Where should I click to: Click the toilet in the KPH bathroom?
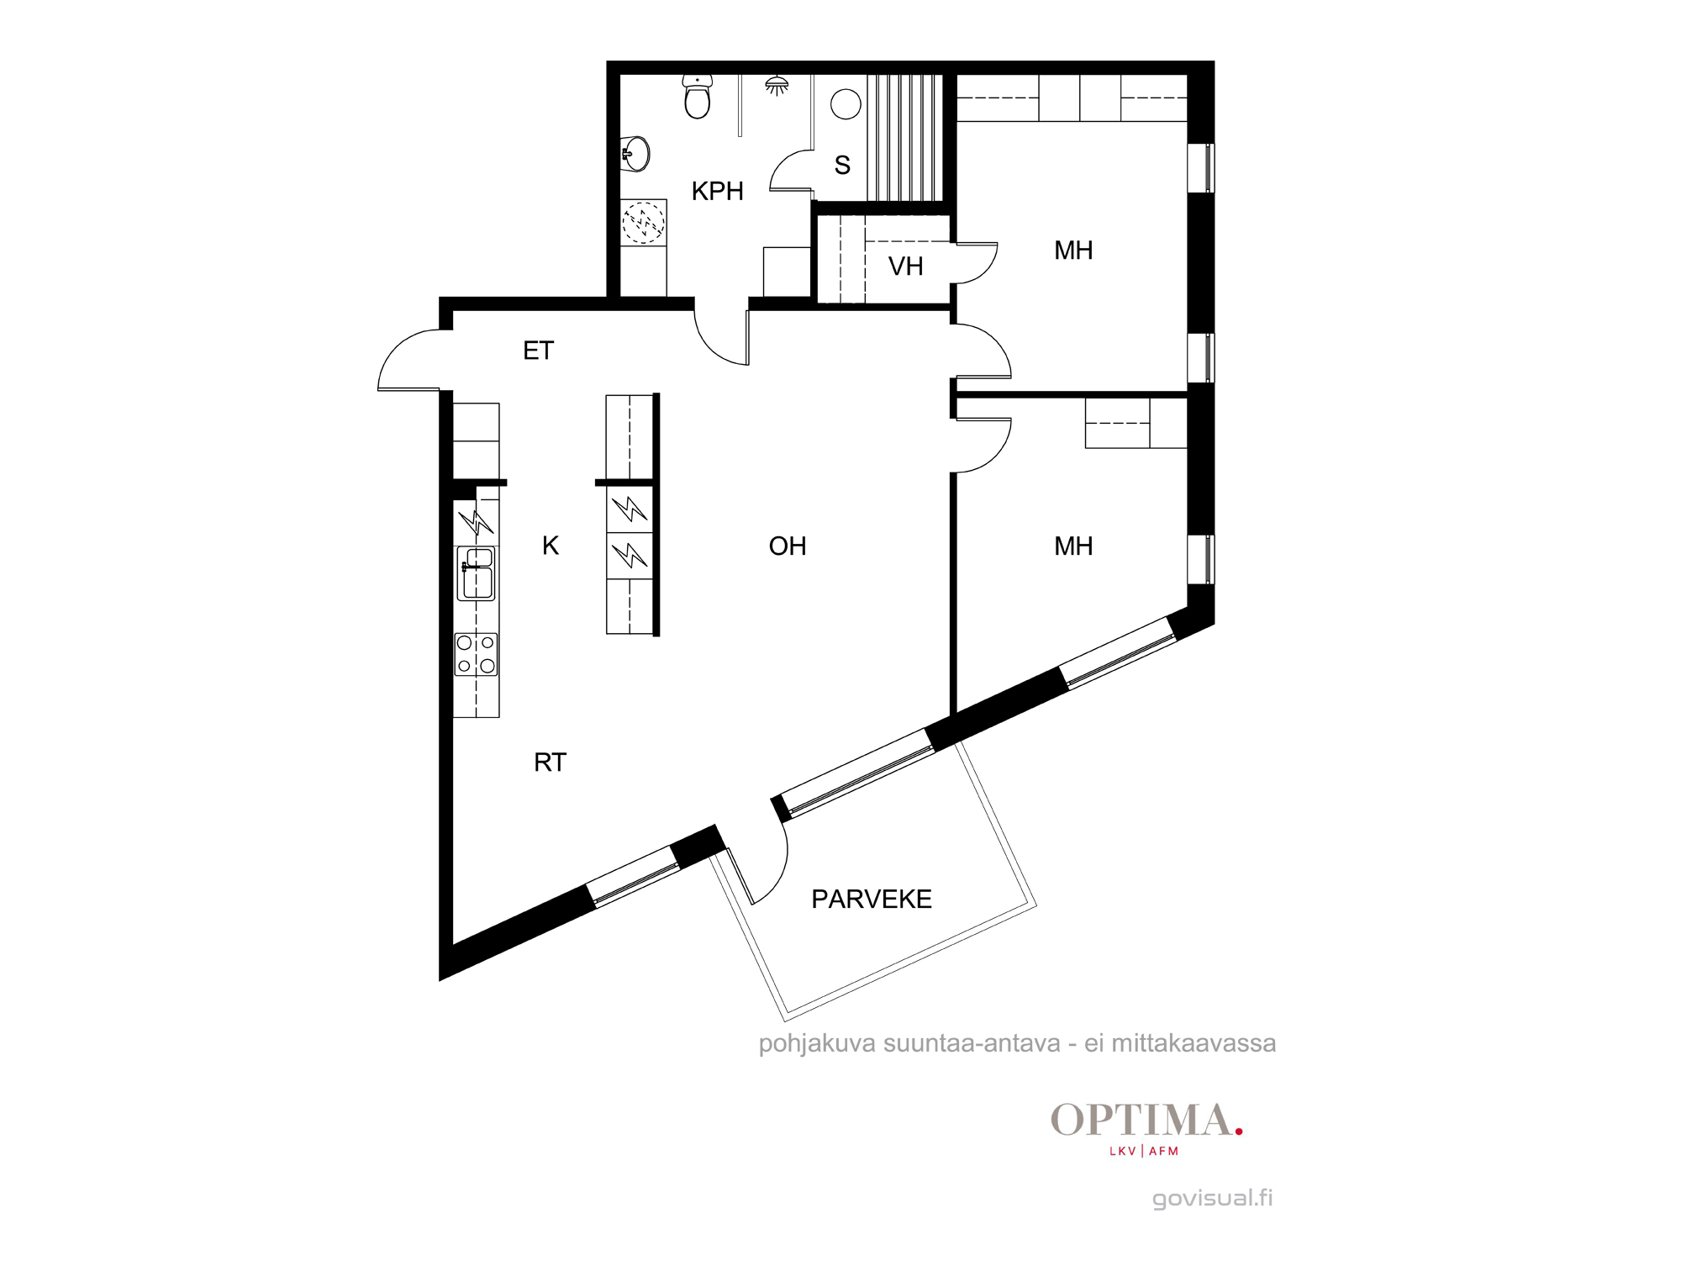[698, 96]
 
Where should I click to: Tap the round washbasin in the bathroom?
[635, 154]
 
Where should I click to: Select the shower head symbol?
[777, 85]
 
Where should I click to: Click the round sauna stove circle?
[846, 104]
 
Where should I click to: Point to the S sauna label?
[842, 165]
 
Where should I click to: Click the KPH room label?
[717, 191]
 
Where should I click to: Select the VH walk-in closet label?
[905, 266]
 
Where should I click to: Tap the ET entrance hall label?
[538, 351]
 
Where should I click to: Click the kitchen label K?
[551, 546]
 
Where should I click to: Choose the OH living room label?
[788, 546]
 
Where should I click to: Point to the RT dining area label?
[550, 762]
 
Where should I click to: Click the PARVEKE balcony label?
[872, 900]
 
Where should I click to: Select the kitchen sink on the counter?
[477, 573]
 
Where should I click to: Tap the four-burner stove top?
[477, 655]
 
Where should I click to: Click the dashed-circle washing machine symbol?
[644, 223]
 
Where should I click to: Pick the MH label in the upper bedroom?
[1073, 251]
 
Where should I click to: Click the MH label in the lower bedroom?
[1073, 546]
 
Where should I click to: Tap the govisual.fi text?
[1212, 1198]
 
